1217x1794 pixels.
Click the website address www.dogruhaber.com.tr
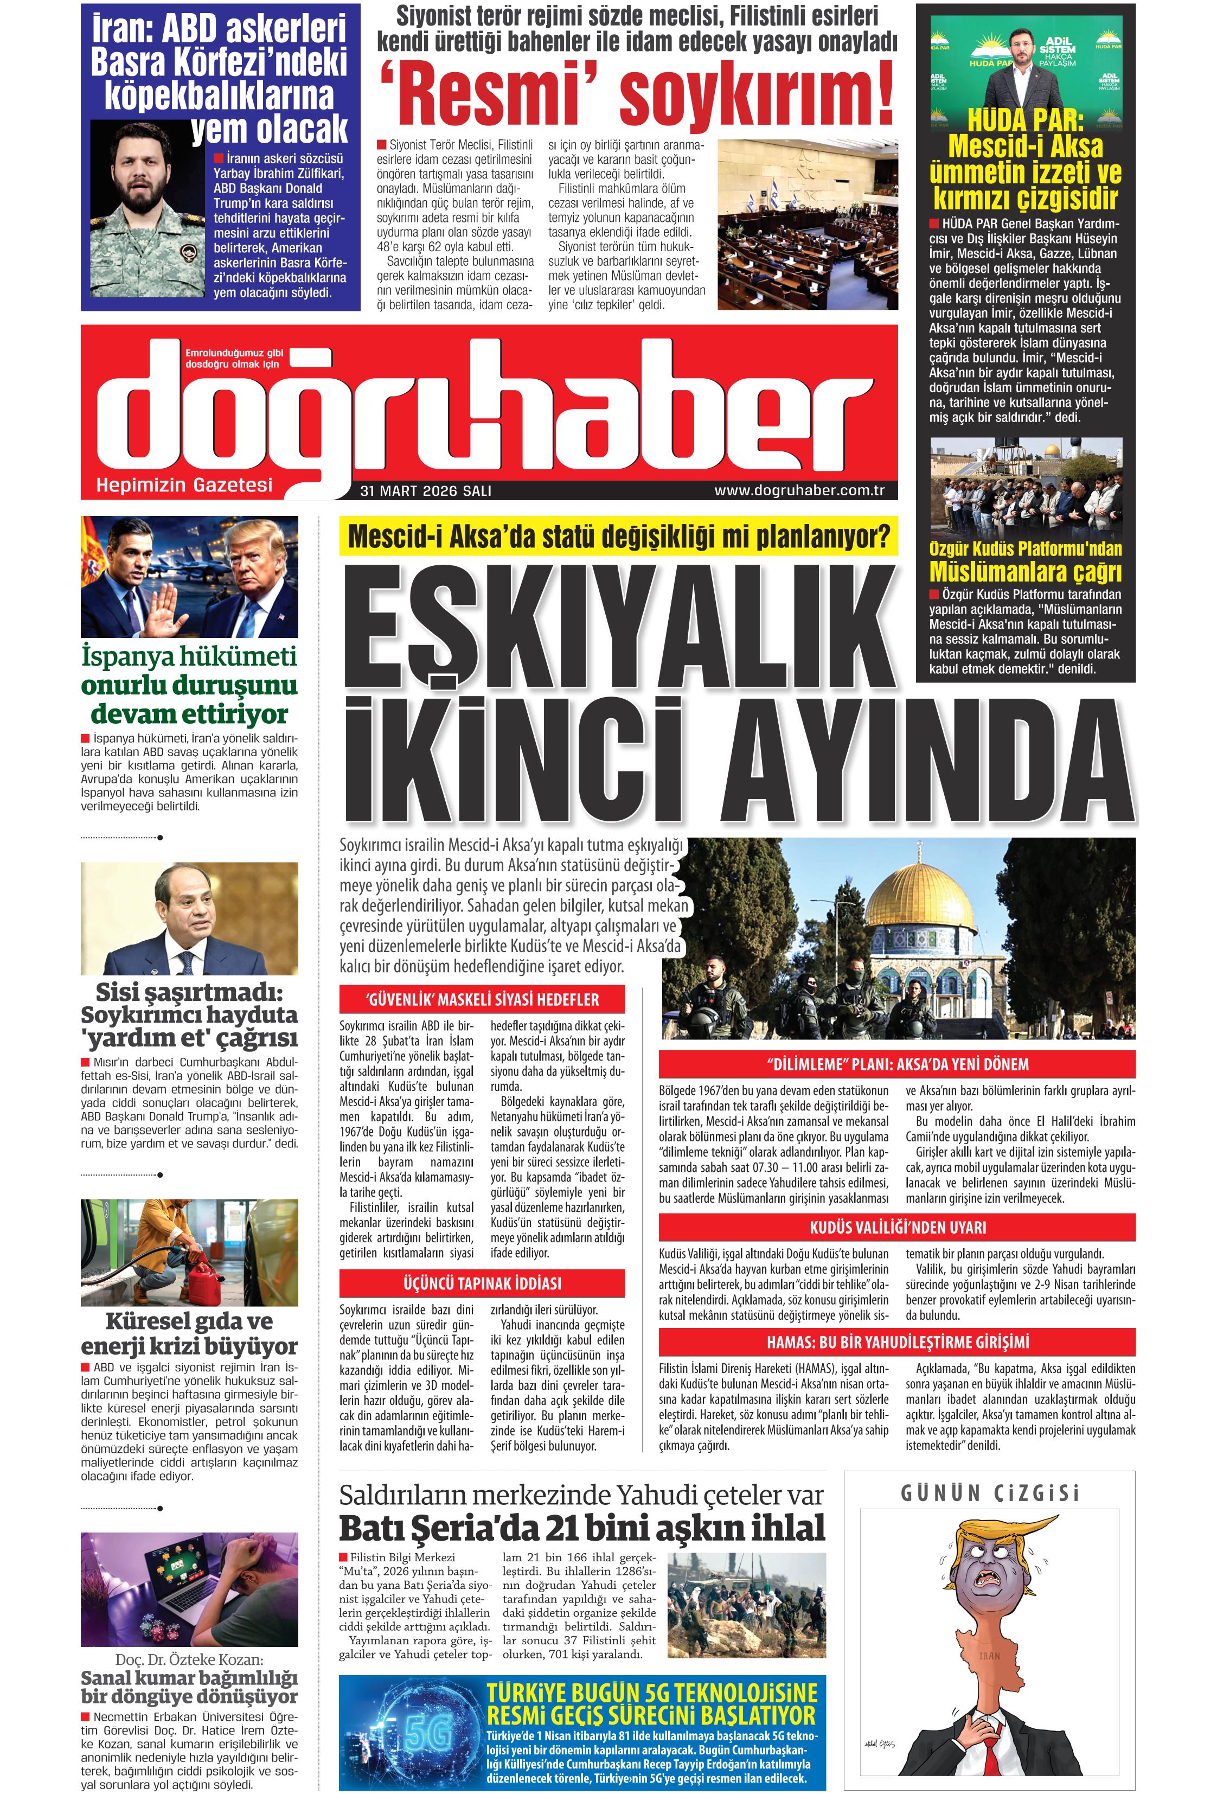(x=799, y=490)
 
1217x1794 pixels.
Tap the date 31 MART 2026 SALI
(x=425, y=491)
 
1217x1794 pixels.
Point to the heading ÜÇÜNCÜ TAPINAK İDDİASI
(x=482, y=1284)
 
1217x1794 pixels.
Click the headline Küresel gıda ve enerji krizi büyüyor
(x=189, y=1332)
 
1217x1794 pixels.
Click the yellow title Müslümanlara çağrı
(x=1025, y=572)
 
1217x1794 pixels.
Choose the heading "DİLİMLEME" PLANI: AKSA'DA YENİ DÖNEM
(x=896, y=1064)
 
